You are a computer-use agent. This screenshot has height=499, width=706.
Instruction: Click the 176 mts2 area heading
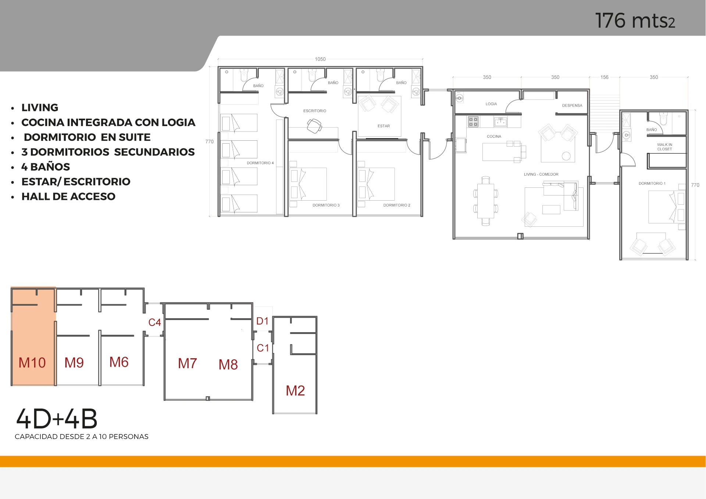click(x=635, y=21)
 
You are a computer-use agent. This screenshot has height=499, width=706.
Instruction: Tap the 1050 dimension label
click(x=320, y=59)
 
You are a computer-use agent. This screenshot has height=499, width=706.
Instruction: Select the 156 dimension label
click(x=605, y=77)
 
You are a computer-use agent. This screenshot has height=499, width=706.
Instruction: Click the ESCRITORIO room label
click(x=315, y=111)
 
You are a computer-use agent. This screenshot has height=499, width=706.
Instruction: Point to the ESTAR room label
click(x=384, y=126)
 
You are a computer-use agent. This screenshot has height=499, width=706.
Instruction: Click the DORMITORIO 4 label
click(x=260, y=163)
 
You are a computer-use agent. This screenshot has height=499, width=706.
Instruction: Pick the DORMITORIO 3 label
click(x=326, y=205)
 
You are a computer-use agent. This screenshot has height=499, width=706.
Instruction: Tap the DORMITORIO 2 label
click(x=397, y=205)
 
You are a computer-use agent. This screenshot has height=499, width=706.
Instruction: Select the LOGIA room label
click(x=491, y=104)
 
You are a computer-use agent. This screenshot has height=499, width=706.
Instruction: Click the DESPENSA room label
click(x=572, y=105)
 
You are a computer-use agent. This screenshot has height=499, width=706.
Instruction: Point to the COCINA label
click(x=494, y=136)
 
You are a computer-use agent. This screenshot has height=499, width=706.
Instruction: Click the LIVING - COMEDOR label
click(x=541, y=174)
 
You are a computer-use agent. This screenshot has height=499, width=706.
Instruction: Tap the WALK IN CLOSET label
click(x=665, y=147)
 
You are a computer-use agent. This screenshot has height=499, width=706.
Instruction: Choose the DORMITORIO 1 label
click(x=652, y=183)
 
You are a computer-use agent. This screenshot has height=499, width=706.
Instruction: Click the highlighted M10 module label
click(x=32, y=363)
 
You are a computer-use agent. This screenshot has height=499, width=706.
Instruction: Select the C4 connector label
click(x=155, y=322)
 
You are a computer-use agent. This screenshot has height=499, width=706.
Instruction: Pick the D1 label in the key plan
click(x=263, y=321)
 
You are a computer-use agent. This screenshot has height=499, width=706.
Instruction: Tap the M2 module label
click(x=295, y=391)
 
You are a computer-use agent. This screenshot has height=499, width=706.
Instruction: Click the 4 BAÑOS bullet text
click(x=46, y=167)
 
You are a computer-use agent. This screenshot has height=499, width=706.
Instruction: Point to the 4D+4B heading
click(x=57, y=419)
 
